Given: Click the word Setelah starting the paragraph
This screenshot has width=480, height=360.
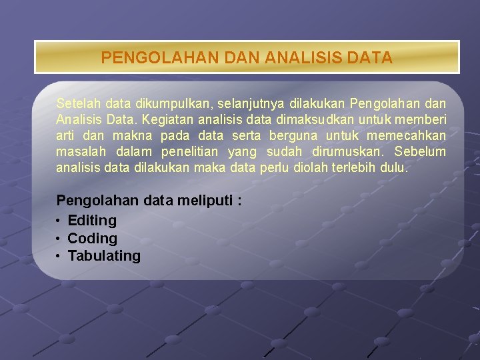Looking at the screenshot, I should [x=75, y=104].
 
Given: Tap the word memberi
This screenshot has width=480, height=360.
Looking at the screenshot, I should [x=424, y=120].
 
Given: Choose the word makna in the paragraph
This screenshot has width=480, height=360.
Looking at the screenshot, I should [x=129, y=136].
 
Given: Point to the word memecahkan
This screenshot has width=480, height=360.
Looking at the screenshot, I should [x=410, y=136].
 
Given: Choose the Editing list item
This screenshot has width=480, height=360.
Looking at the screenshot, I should [x=92, y=221].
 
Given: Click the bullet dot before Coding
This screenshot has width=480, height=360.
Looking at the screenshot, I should [x=59, y=239].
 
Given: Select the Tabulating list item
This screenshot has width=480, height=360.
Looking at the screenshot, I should [x=104, y=256].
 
